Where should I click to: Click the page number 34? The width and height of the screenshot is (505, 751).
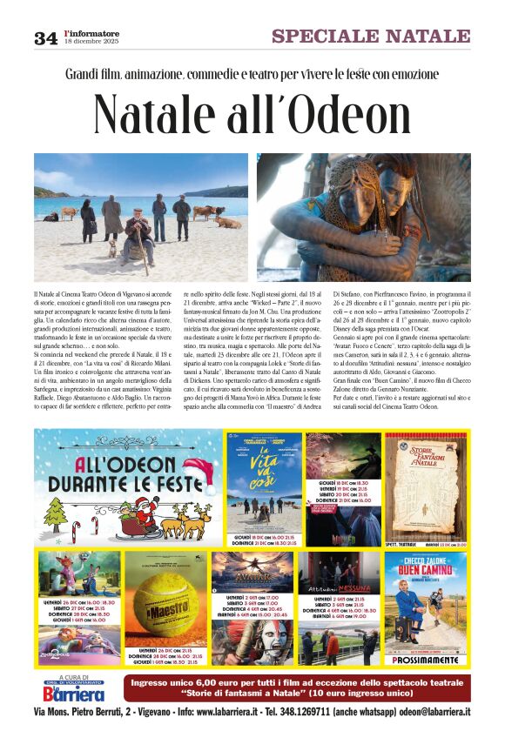[x=45, y=37]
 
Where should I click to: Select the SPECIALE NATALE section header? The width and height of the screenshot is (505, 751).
[x=371, y=36]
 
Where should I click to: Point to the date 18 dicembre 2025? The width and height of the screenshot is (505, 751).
[x=91, y=43]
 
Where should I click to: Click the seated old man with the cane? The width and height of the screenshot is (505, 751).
[x=135, y=233]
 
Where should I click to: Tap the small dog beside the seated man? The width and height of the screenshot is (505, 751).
[x=111, y=249]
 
